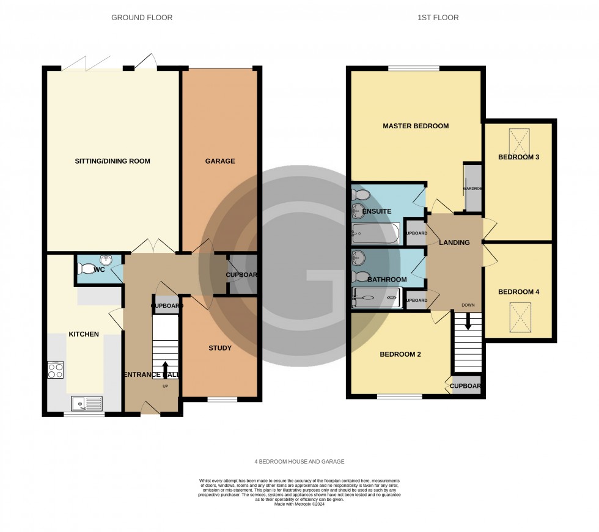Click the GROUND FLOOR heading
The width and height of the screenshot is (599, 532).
(x=142, y=18)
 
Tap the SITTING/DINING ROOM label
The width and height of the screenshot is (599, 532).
(x=112, y=161)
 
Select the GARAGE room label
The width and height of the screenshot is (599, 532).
(x=219, y=161)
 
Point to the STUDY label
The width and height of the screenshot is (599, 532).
(x=219, y=348)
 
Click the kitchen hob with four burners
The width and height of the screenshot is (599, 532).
(x=56, y=370)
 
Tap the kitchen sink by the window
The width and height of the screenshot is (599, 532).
(x=86, y=403)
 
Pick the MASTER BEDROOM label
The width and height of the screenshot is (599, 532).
(x=416, y=126)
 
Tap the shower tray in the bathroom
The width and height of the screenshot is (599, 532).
(x=376, y=299)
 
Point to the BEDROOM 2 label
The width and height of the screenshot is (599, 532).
(x=400, y=354)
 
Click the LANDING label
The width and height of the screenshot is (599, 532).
(x=455, y=242)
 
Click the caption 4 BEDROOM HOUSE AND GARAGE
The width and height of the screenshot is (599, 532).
(x=299, y=462)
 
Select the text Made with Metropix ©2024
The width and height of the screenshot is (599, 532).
(x=299, y=504)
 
